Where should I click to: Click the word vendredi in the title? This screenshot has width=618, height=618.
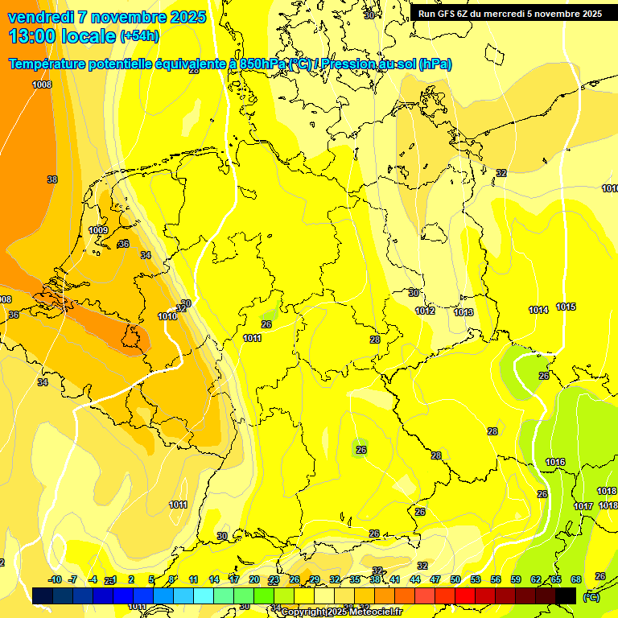tap(40, 17)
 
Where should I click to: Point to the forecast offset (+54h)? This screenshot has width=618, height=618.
tap(139, 36)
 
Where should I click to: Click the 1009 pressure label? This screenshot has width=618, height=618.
tap(98, 230)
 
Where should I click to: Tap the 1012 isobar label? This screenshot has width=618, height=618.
tap(425, 311)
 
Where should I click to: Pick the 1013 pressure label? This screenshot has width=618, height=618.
tap(463, 312)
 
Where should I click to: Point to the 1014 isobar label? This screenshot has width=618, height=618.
tap(538, 310)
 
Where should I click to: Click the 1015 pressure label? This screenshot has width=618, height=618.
tap(566, 307)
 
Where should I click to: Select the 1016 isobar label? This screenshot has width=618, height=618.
tap(555, 462)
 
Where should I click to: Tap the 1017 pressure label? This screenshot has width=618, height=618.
tap(583, 505)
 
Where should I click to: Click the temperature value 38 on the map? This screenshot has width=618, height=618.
tap(52, 179)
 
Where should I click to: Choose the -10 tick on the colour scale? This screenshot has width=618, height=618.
tap(55, 579)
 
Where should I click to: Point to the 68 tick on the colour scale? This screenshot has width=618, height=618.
tap(576, 579)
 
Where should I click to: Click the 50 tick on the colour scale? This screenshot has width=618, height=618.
tap(455, 579)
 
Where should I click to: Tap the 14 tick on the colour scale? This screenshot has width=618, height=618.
tap(214, 579)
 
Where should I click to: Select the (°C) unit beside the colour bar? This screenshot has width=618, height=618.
tap(591, 597)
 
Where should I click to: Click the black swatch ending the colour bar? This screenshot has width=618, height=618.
tap(566, 595)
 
